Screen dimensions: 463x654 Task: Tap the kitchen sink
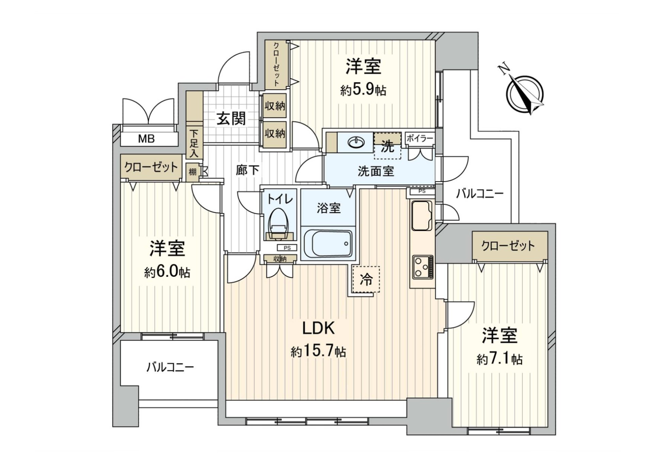click(x=422, y=215)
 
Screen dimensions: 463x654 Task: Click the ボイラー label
click(x=420, y=139)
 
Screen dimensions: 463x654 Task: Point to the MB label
click(x=146, y=139)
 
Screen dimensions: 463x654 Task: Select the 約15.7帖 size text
click(x=318, y=351)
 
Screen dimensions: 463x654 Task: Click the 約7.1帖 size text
click(x=499, y=359)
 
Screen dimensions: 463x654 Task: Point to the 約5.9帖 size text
click(x=363, y=90)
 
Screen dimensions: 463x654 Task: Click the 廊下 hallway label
click(x=248, y=170)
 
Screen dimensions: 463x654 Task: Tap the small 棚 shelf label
click(x=193, y=172)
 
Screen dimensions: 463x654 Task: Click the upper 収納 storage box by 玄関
click(x=275, y=106)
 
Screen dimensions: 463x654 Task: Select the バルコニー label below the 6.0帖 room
click(x=170, y=367)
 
